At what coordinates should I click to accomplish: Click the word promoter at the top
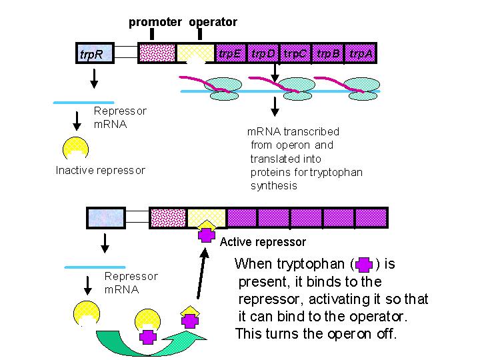(x=155, y=22)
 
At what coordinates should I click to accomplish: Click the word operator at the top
(x=213, y=22)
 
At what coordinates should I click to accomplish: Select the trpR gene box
(x=94, y=54)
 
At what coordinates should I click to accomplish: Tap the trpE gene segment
(x=230, y=53)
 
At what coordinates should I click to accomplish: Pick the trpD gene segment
(x=263, y=53)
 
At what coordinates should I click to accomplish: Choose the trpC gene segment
(x=296, y=53)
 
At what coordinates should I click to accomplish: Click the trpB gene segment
(x=329, y=53)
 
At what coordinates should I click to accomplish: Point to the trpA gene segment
(x=361, y=53)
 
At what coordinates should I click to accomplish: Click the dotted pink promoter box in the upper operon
(x=157, y=53)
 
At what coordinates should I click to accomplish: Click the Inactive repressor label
(x=100, y=171)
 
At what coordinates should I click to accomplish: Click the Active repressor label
(x=263, y=242)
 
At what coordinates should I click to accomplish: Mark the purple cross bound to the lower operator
(x=207, y=235)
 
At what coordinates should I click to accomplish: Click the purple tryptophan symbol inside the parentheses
(x=364, y=265)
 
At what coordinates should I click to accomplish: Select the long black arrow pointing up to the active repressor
(x=199, y=273)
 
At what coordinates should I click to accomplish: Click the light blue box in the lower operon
(x=106, y=217)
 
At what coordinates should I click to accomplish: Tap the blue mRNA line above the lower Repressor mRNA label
(x=85, y=267)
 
